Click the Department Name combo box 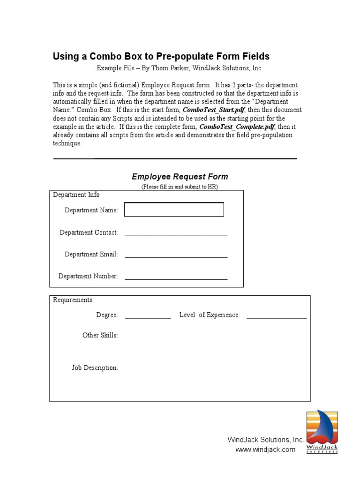click(x=174, y=210)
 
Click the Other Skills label click(x=100, y=335)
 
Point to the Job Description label click(x=95, y=368)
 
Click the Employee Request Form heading click(x=180, y=177)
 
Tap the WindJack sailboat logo click(x=322, y=431)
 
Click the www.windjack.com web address click(x=265, y=450)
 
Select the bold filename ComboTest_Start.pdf click(x=213, y=110)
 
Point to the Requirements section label click(x=73, y=300)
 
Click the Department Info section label click(x=76, y=195)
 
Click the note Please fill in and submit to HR click(x=180, y=187)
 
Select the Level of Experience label click(x=210, y=315)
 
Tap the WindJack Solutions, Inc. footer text click(x=266, y=440)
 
